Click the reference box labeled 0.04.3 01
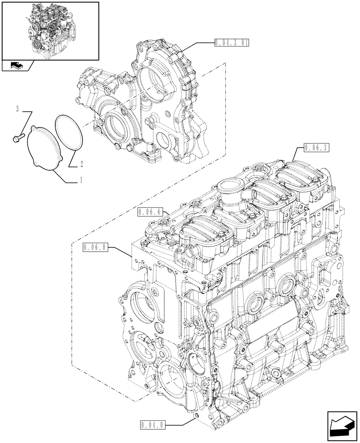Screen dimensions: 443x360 point(231,43)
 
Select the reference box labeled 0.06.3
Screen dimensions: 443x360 point(317,148)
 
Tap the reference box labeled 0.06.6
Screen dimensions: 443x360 point(149,212)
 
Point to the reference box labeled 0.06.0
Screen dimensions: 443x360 point(94,247)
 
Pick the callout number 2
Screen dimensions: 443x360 point(82,164)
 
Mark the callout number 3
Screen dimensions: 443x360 point(17,109)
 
